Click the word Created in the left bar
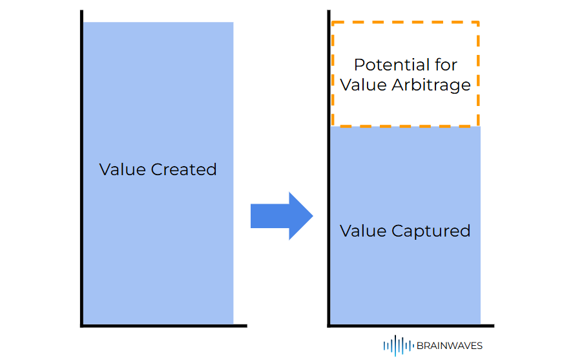(184, 170)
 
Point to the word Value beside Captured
(363, 231)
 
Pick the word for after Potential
(443, 65)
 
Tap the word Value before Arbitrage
(364, 85)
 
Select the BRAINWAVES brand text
(449, 346)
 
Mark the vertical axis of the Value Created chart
(82, 168)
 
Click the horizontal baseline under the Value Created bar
(164, 326)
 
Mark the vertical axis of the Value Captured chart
(329, 168)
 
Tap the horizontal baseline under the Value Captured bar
(411, 326)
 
